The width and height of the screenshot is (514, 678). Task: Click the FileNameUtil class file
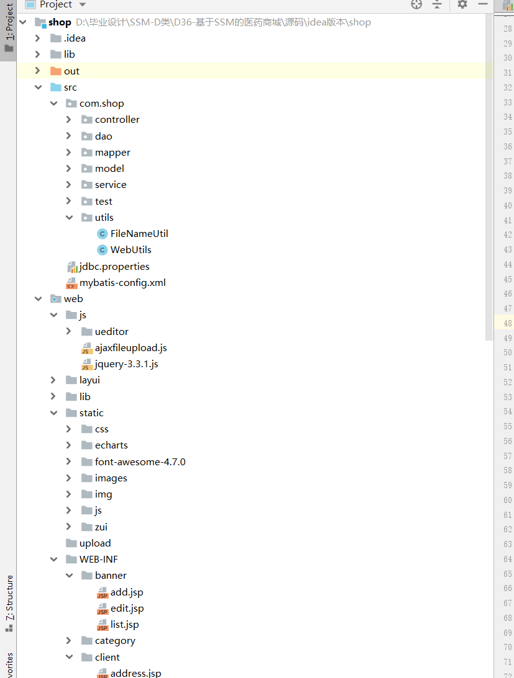coord(139,234)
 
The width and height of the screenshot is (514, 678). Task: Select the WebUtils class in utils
coord(130,250)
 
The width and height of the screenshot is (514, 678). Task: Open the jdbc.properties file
coord(114,267)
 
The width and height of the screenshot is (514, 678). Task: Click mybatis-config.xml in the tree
coord(122,283)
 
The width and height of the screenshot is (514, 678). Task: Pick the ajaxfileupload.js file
coord(130,348)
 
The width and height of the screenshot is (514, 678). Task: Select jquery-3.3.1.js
coord(126,364)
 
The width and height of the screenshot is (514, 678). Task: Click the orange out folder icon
coord(55,71)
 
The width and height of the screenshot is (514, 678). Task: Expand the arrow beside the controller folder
coord(69,120)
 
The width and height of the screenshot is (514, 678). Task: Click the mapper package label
coord(112,153)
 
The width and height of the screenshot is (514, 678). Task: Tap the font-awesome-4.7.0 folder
coord(140,462)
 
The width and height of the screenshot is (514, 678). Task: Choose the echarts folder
coord(111,445)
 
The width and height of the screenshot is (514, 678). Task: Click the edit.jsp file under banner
coord(127,609)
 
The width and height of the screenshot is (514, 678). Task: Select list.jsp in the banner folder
coord(124,625)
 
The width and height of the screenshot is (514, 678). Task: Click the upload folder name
coord(95,543)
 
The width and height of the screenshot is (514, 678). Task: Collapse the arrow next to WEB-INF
coord(53,560)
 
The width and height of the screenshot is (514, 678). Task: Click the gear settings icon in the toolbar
coord(462,5)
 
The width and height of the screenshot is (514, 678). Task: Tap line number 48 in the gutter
coord(508,324)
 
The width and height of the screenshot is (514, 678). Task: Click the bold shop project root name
coord(60,22)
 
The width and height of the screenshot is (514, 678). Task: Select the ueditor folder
coord(112,332)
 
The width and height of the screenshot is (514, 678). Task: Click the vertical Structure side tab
coord(9,598)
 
